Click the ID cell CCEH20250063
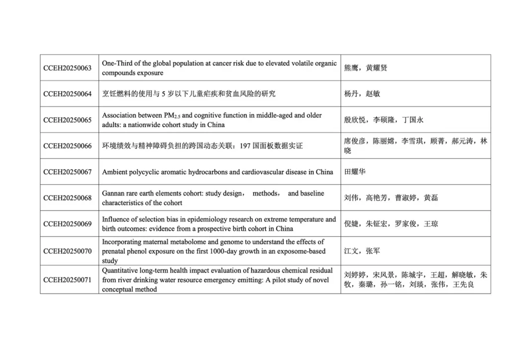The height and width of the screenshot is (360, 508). pos(67,68)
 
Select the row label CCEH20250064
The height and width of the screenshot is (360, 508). pos(67,94)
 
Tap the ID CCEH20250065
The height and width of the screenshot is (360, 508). pos(67,120)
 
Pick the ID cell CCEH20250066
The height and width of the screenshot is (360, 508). pos(67,146)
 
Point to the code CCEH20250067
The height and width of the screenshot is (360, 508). pos(67,172)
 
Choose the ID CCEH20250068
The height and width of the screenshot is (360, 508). pos(67,198)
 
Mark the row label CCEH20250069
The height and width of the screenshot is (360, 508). pos(67,224)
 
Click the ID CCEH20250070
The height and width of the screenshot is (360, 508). pos(67,251)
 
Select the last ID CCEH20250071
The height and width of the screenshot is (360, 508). pos(67,280)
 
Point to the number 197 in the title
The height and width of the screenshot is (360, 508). pos(246,146)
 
